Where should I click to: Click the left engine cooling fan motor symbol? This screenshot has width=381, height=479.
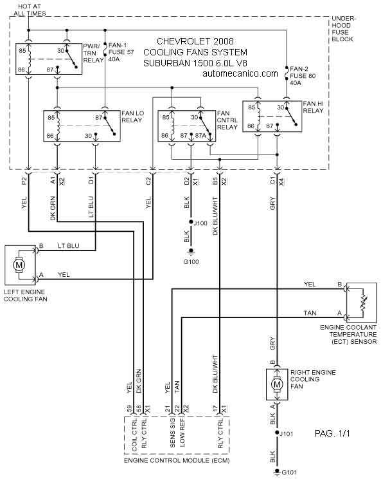coord(19,265)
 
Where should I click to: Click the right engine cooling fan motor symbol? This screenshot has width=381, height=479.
coord(277,384)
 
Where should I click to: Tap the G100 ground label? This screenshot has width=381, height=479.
coord(191,262)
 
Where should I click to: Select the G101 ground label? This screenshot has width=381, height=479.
coord(289,473)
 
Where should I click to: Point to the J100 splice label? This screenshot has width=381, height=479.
coord(200,223)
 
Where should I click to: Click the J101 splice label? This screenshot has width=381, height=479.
coord(286,434)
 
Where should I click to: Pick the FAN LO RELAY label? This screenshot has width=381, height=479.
coord(132,117)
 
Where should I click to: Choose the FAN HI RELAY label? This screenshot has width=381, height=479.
coord(313,108)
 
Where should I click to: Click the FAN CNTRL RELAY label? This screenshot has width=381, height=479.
coord(227,120)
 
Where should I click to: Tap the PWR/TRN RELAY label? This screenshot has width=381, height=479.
coord(93,53)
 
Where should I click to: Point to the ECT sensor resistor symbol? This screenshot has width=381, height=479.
coord(363,303)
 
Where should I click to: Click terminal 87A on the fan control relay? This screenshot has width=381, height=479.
coord(200,135)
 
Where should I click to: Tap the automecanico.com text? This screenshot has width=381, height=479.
coord(240,73)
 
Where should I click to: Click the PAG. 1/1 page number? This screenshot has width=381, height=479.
coord(332,433)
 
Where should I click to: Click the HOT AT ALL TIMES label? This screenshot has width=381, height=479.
coord(30,10)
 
